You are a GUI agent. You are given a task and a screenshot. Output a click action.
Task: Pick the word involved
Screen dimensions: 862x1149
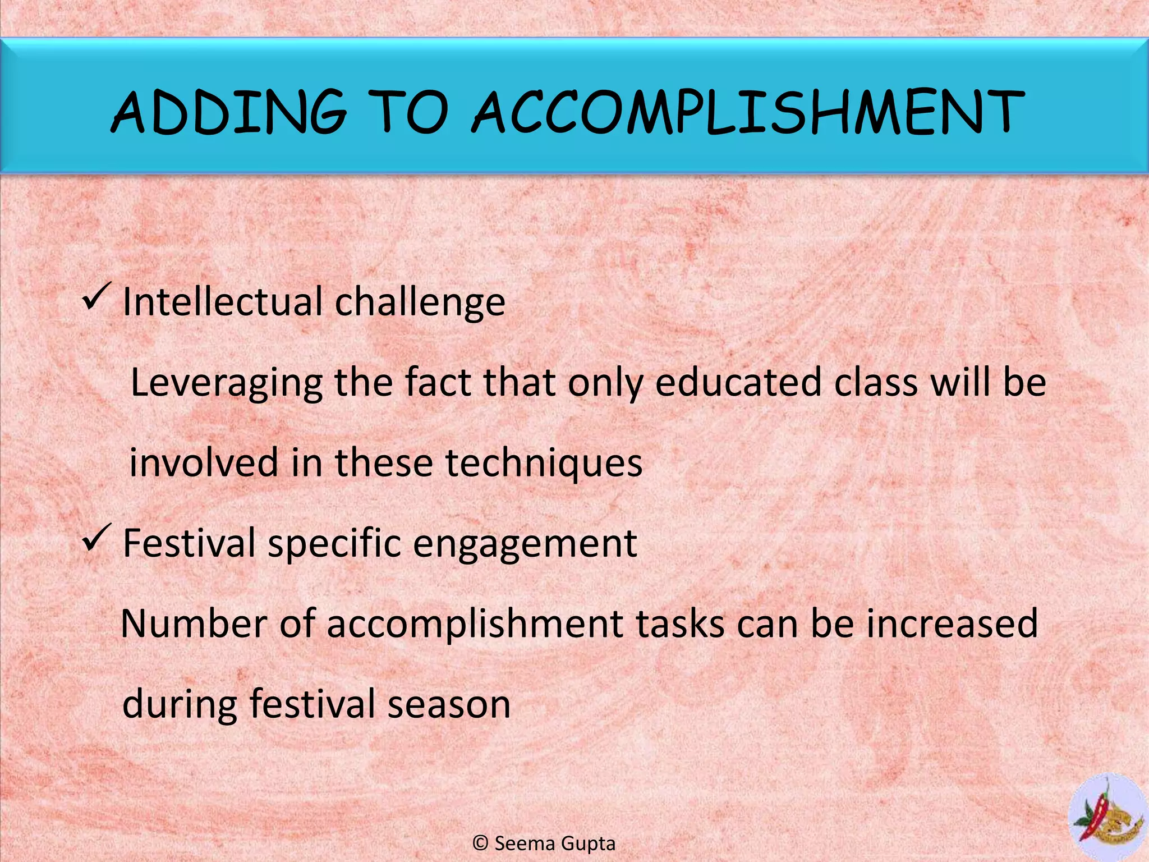coord(204,462)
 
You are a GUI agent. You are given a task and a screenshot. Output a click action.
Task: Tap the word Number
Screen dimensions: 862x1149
coord(194,623)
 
